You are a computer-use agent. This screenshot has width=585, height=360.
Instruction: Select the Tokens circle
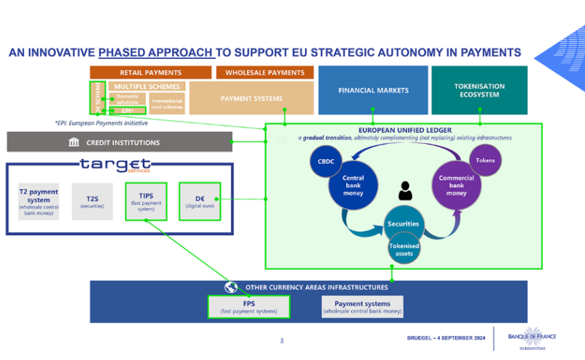(x=485, y=160)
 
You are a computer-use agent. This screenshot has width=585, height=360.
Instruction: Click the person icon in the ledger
(x=404, y=191)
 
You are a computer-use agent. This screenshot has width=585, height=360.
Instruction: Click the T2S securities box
(x=92, y=201)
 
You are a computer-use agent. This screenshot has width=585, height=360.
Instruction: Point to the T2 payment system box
(x=39, y=201)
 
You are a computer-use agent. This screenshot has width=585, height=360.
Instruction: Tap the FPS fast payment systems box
(x=248, y=307)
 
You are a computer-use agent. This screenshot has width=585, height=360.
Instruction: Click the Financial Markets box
(x=373, y=90)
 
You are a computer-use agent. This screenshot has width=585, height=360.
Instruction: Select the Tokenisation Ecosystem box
(x=479, y=90)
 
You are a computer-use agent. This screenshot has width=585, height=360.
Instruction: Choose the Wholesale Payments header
(x=265, y=73)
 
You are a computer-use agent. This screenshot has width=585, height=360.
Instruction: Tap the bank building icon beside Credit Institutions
(x=74, y=142)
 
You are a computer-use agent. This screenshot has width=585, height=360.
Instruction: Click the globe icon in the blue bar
(x=232, y=287)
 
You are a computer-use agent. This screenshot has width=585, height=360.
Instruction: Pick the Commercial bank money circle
(x=457, y=187)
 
